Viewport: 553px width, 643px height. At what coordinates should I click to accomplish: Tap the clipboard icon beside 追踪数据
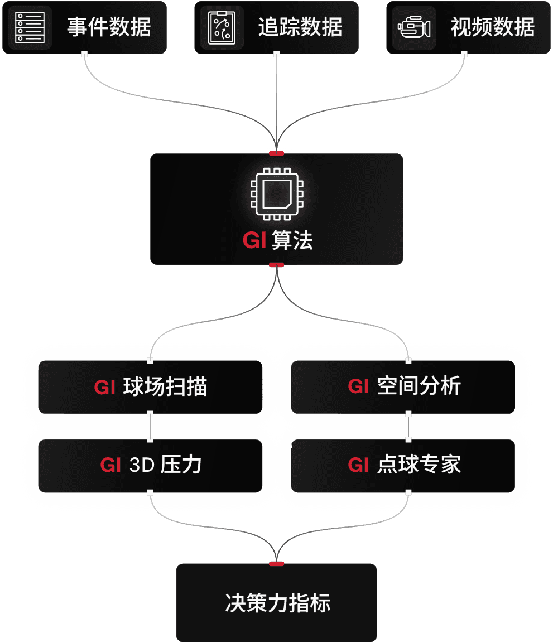click(x=222, y=27)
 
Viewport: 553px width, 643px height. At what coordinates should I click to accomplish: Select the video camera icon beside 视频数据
click(x=414, y=27)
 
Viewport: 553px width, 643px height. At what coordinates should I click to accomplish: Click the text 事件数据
click(x=109, y=27)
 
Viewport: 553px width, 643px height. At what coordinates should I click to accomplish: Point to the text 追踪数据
click(x=300, y=27)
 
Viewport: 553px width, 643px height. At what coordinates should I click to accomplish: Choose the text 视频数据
click(x=493, y=27)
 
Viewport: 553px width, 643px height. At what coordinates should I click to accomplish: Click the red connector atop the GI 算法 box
click(x=276, y=153)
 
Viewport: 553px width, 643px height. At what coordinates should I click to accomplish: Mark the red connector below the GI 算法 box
click(x=276, y=264)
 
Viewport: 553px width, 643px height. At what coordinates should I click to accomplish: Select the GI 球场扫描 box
click(x=150, y=387)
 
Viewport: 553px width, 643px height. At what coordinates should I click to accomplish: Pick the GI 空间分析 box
click(x=403, y=387)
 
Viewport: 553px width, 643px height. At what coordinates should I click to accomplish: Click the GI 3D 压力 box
click(x=150, y=465)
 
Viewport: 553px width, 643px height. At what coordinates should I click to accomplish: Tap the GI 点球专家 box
click(x=403, y=465)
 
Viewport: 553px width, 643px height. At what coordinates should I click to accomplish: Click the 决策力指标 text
click(x=277, y=603)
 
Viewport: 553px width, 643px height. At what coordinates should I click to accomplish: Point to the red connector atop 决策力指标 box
click(x=276, y=564)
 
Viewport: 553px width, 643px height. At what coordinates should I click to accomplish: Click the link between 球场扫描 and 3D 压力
click(x=150, y=427)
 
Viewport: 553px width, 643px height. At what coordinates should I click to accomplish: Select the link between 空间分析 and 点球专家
click(x=408, y=427)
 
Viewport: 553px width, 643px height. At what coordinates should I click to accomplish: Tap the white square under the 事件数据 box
click(x=84, y=54)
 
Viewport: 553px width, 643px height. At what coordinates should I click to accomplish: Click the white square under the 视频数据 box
click(x=464, y=54)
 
